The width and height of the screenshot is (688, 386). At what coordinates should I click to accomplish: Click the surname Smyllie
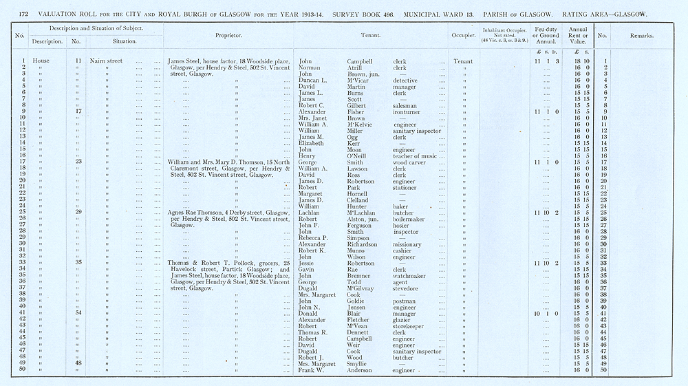[x=361, y=364]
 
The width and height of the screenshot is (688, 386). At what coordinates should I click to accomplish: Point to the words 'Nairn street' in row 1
[x=106, y=61]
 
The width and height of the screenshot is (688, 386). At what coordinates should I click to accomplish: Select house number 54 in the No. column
[x=78, y=313]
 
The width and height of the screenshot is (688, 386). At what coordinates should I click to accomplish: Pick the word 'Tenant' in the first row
[x=463, y=61]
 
